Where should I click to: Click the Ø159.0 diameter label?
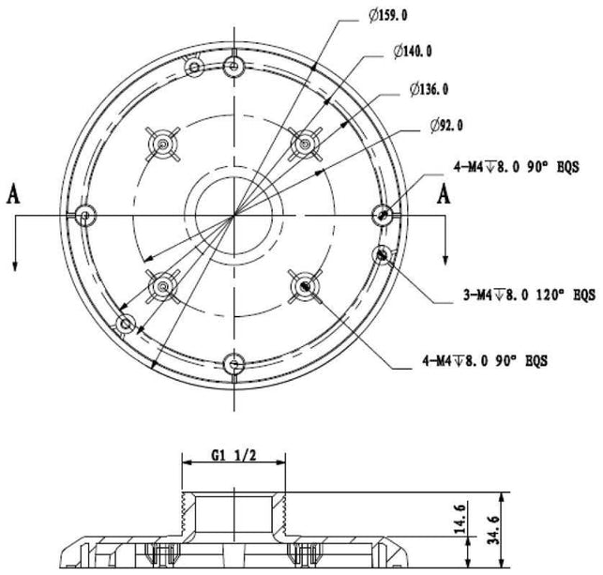tap(389, 16)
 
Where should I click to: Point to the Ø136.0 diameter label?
tap(429, 90)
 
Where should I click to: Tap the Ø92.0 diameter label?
tap(446, 125)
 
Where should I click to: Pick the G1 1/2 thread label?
tap(234, 457)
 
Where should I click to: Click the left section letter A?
tap(14, 194)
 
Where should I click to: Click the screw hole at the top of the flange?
tap(234, 65)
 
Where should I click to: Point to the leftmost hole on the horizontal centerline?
tap(85, 215)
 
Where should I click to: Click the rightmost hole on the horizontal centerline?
tap(382, 215)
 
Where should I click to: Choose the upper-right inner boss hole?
tap(303, 144)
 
